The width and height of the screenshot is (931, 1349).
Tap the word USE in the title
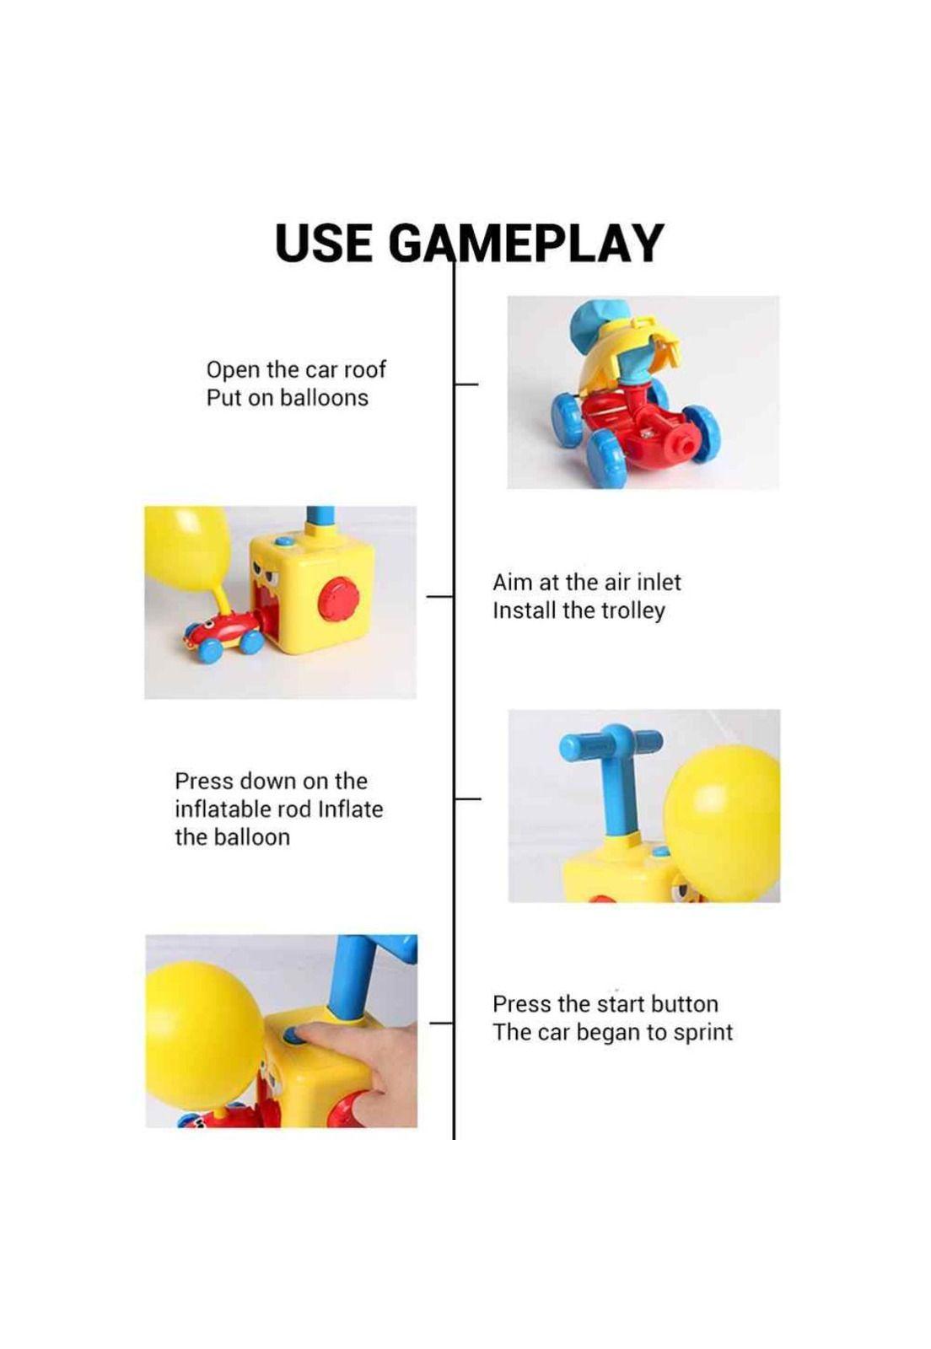322,243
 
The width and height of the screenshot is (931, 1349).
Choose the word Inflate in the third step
350,809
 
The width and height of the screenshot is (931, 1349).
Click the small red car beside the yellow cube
223,637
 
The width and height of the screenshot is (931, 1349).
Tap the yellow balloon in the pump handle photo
723,823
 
